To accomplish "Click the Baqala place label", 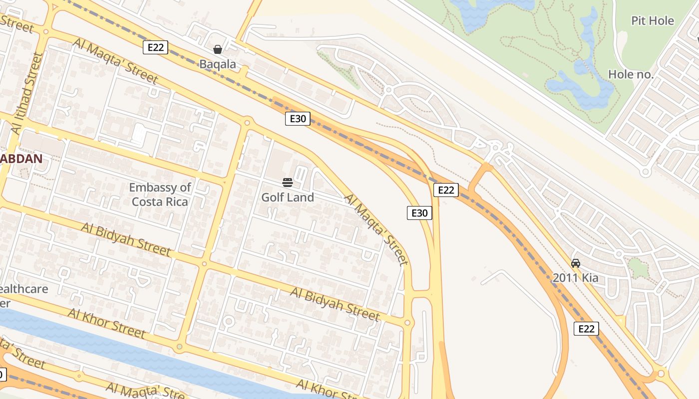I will [218, 64].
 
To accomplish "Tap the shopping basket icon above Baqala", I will [218, 49].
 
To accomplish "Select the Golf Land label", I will [288, 198].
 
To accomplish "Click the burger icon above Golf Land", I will [288, 182].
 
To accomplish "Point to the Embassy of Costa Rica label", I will [160, 195].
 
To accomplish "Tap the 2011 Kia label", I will [575, 278].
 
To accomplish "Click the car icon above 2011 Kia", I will [575, 263].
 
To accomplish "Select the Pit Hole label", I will [653, 21].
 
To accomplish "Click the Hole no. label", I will [631, 75].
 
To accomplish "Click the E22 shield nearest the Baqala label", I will [155, 47].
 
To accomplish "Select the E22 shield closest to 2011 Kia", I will [586, 329].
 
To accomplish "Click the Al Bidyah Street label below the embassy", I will [126, 240].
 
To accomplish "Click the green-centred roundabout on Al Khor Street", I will [180, 346].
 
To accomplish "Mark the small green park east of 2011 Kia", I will [639, 267].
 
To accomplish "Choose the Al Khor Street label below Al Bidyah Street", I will [106, 323].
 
